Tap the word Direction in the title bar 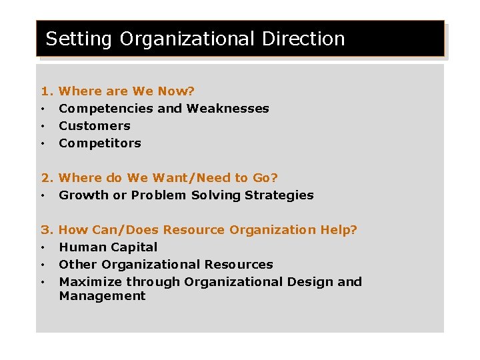303,39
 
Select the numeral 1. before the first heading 47,91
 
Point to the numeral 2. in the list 47,178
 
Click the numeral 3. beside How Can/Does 47,230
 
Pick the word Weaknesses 228,109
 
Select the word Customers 95,126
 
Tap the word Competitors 100,143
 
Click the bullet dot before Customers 42,126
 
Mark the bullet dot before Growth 42,196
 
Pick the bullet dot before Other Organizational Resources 42,265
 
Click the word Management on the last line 102,296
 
